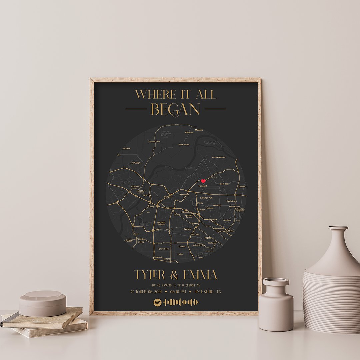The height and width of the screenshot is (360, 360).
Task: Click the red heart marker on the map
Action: (x=203, y=181)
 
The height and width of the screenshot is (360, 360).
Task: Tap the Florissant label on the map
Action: (x=203, y=186)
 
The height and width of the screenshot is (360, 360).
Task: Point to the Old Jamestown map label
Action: (x=219, y=157)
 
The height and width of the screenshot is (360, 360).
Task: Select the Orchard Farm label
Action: (x=154, y=141)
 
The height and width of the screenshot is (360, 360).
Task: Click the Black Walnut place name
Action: (x=184, y=144)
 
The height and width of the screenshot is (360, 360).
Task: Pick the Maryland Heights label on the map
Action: (x=161, y=223)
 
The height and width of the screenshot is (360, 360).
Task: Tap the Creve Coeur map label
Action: (x=164, y=249)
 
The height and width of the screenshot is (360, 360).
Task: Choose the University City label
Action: (x=199, y=245)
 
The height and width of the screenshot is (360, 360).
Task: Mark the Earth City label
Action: (x=147, y=195)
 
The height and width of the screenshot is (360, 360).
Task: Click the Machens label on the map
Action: (x=199, y=130)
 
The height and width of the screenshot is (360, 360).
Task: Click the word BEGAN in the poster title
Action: (x=175, y=109)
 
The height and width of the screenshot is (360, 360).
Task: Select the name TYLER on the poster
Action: (x=150, y=275)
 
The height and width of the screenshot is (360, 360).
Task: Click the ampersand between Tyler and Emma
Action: (x=174, y=275)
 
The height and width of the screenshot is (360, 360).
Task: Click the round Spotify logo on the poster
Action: (x=158, y=302)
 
